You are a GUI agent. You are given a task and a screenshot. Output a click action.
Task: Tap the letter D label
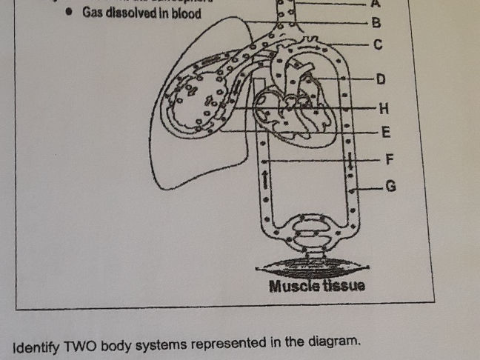pos(381,79)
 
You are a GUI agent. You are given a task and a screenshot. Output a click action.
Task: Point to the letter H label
pos(383,108)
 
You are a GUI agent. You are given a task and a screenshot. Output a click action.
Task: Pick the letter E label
pos(385,133)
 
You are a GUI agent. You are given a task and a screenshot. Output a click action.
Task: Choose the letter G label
pos(391,187)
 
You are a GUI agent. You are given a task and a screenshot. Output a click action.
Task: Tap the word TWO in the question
pos(81,345)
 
